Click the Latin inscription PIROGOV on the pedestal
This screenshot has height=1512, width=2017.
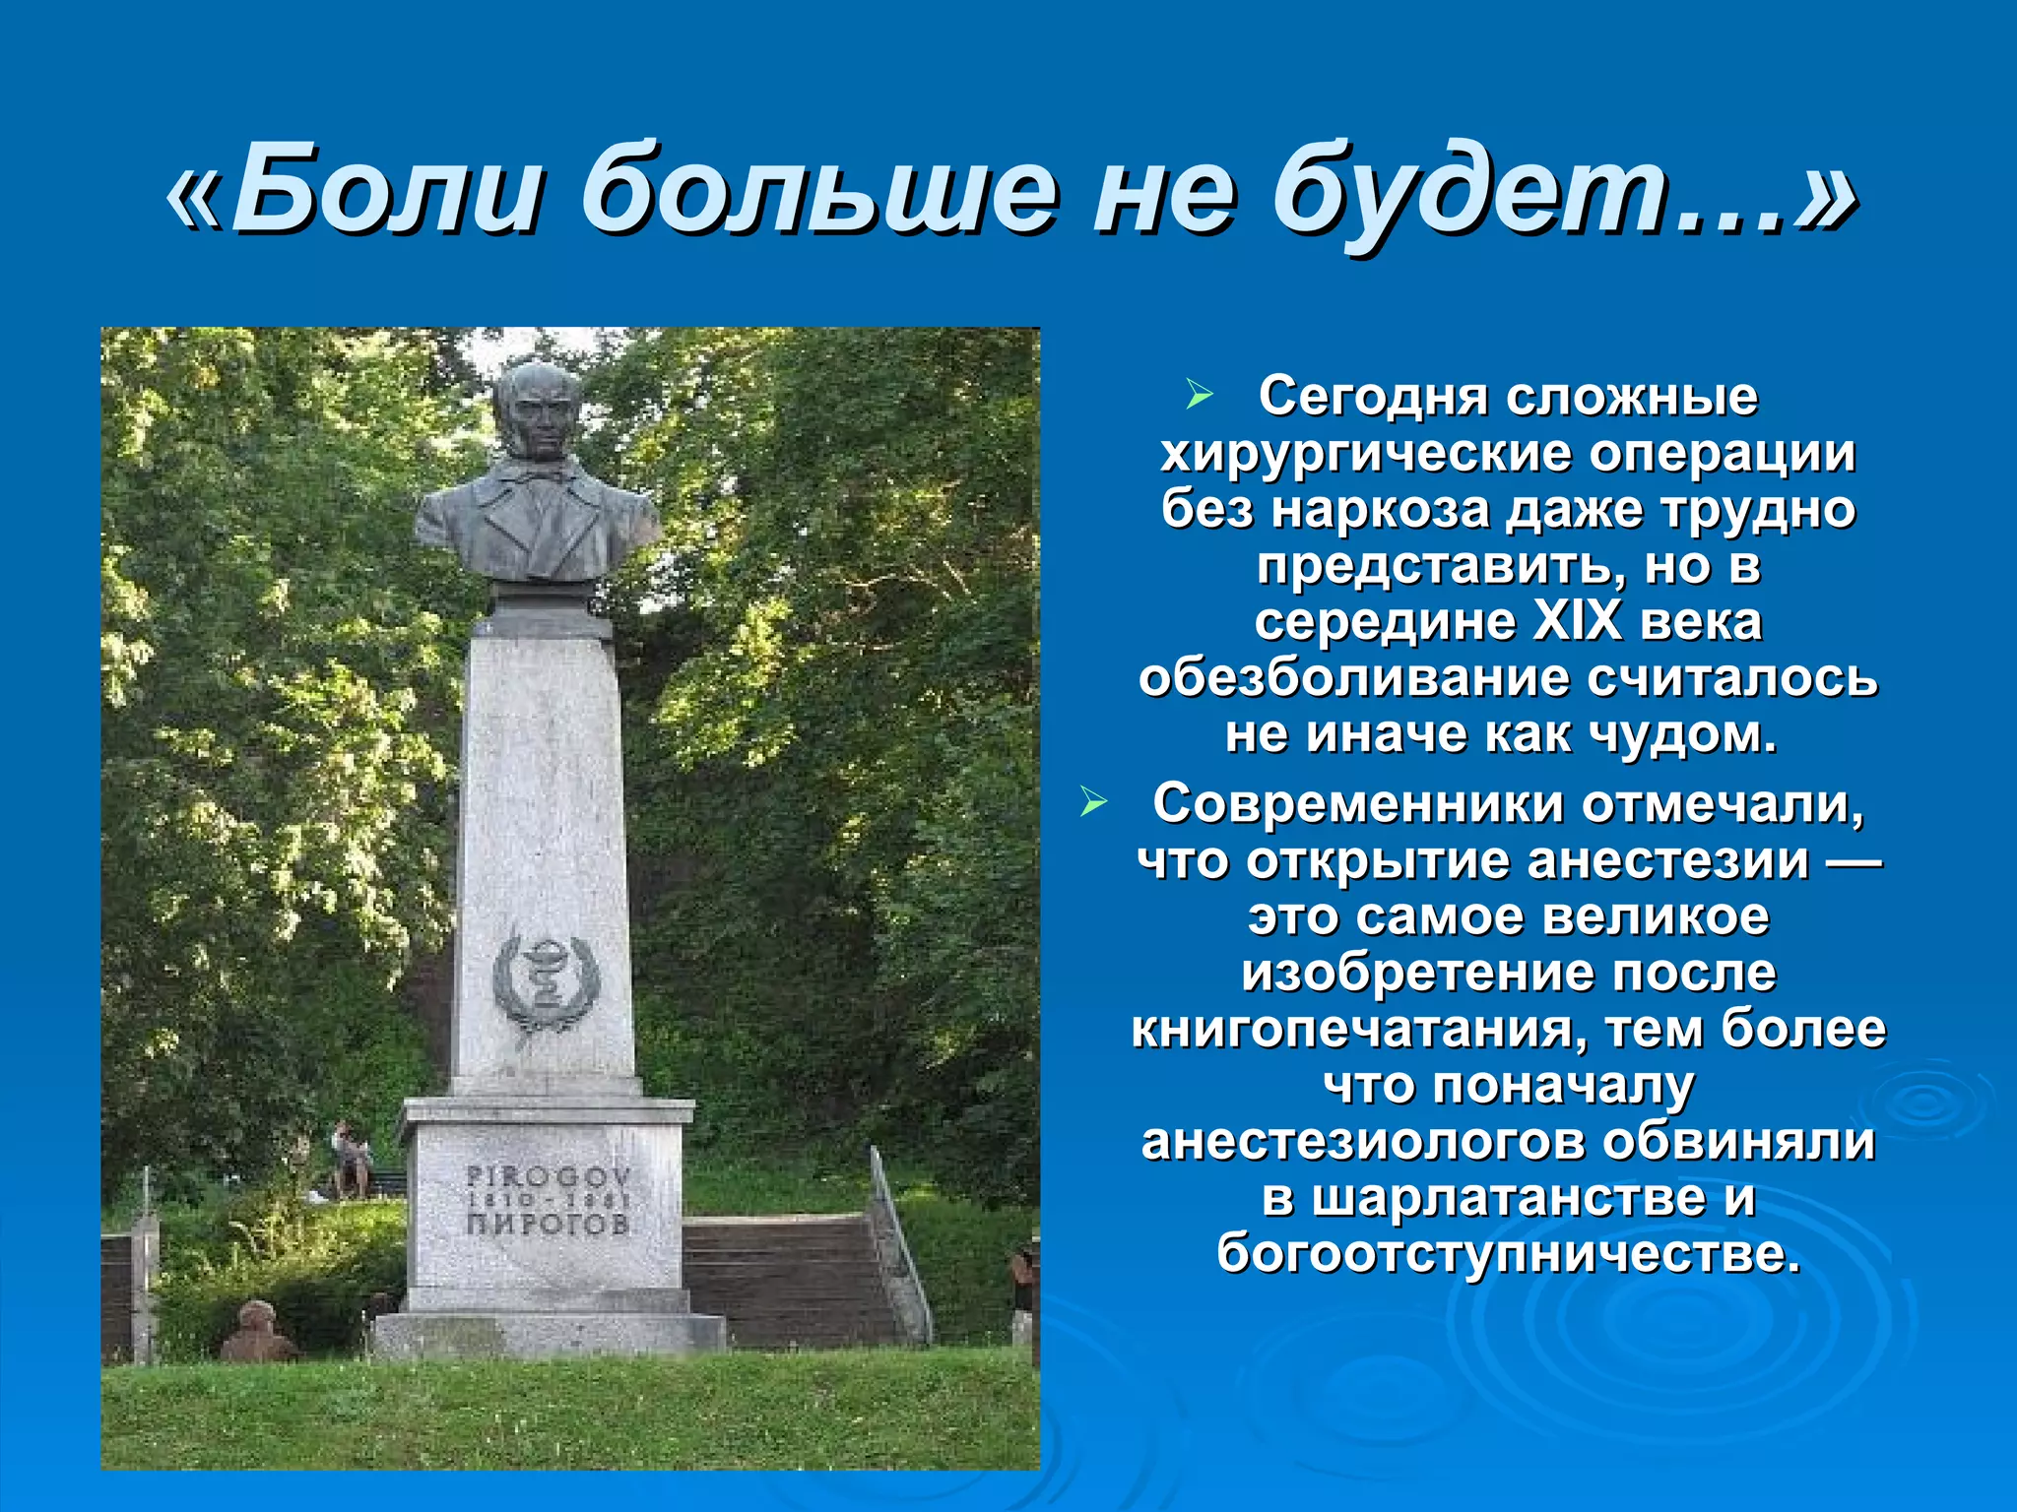pyautogui.click(x=548, y=1176)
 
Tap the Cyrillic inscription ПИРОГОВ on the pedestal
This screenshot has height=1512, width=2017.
pyautogui.click(x=548, y=1225)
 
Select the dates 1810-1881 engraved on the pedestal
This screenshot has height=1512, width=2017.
pyautogui.click(x=548, y=1201)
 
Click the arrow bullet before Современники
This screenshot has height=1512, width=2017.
pyautogui.click(x=1093, y=803)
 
